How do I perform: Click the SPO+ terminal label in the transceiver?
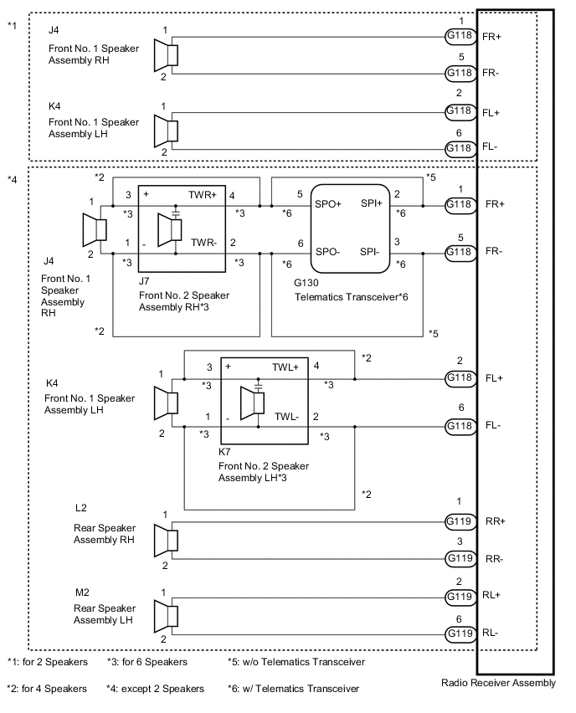click(328, 204)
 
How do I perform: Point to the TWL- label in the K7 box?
click(285, 416)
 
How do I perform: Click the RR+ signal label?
click(496, 521)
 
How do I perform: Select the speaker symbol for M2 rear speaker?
click(167, 616)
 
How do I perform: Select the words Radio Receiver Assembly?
click(498, 683)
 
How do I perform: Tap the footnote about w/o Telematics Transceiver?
click(296, 662)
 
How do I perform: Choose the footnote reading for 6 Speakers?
click(147, 662)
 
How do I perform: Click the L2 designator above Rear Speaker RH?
click(82, 508)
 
